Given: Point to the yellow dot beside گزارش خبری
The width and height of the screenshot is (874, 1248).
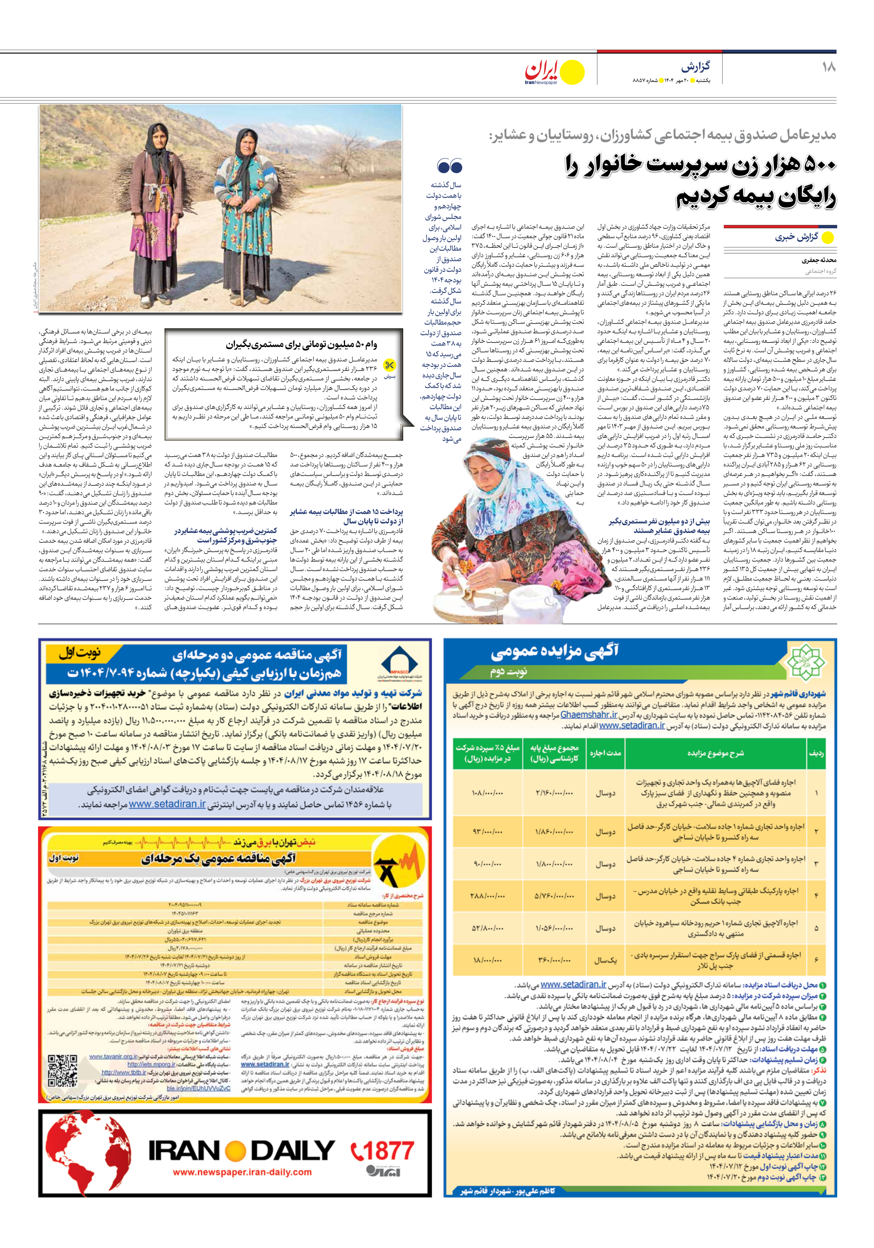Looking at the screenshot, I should (827, 238).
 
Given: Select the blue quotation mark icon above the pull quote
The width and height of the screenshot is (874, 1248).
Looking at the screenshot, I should (449, 166).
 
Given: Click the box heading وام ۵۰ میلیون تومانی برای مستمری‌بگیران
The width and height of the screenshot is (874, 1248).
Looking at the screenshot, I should (301, 344).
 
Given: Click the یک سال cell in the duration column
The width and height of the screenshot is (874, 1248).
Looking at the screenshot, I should (605, 960).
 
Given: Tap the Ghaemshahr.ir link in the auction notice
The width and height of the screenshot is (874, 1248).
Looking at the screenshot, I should (588, 715).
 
